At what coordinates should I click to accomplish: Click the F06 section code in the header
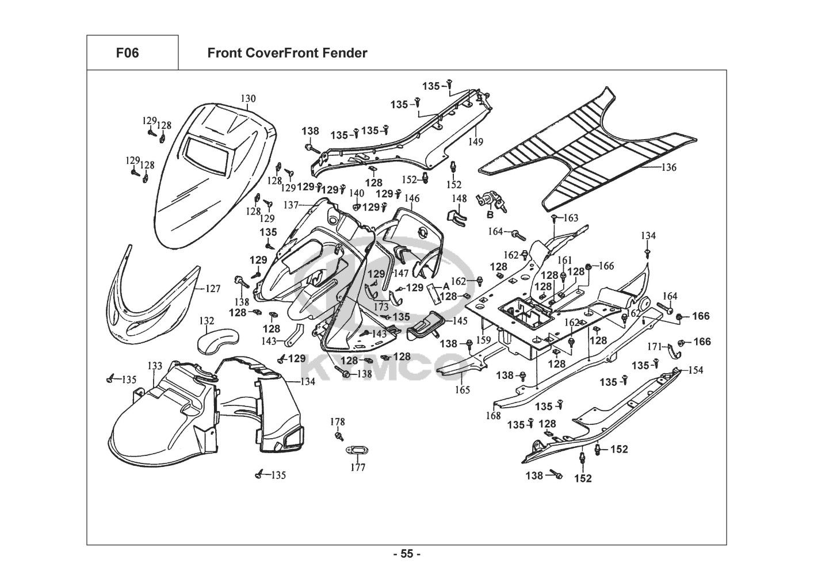(x=127, y=53)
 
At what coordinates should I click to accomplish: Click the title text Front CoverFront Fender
(x=287, y=53)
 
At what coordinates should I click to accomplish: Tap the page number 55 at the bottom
(x=407, y=554)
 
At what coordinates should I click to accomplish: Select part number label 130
(x=248, y=99)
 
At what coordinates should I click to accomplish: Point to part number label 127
(x=213, y=289)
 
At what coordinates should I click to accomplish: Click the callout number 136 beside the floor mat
(x=668, y=168)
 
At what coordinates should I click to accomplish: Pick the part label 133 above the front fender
(x=155, y=366)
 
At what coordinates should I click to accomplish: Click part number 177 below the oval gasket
(x=358, y=467)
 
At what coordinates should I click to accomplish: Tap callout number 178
(x=338, y=422)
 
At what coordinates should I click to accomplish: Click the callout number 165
(x=463, y=390)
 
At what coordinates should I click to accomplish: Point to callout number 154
(x=695, y=370)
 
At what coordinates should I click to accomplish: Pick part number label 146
(x=412, y=199)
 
